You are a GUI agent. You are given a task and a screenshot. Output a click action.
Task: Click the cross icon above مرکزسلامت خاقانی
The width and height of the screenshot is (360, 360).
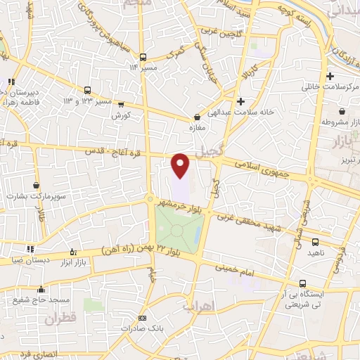click(330, 76)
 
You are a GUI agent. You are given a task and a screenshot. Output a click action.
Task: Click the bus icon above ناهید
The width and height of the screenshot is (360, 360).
click(314, 242)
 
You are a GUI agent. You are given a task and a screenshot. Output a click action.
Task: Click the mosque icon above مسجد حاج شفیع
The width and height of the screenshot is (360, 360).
click(41, 288)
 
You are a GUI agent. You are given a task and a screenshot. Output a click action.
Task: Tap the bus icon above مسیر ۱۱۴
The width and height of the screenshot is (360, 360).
click(143, 57)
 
